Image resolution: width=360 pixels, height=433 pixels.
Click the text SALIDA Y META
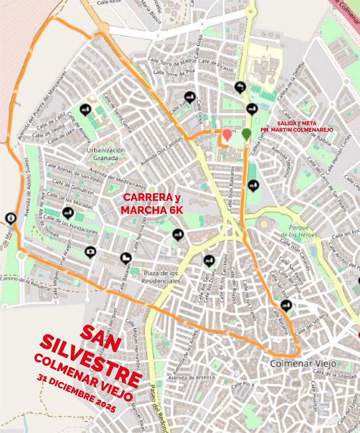[x=297, y=123]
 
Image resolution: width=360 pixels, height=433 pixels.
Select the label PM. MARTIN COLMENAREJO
[x=297, y=130]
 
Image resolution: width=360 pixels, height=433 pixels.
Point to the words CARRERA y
[x=152, y=197]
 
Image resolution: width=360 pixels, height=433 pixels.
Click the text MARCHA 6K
[x=152, y=210]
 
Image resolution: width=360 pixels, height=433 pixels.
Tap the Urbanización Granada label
[x=106, y=154]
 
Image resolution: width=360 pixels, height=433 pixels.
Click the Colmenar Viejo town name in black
[x=303, y=363]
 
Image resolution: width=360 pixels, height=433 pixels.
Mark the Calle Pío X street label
[x=244, y=384]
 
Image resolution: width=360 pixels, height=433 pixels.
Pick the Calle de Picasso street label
[x=216, y=65]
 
